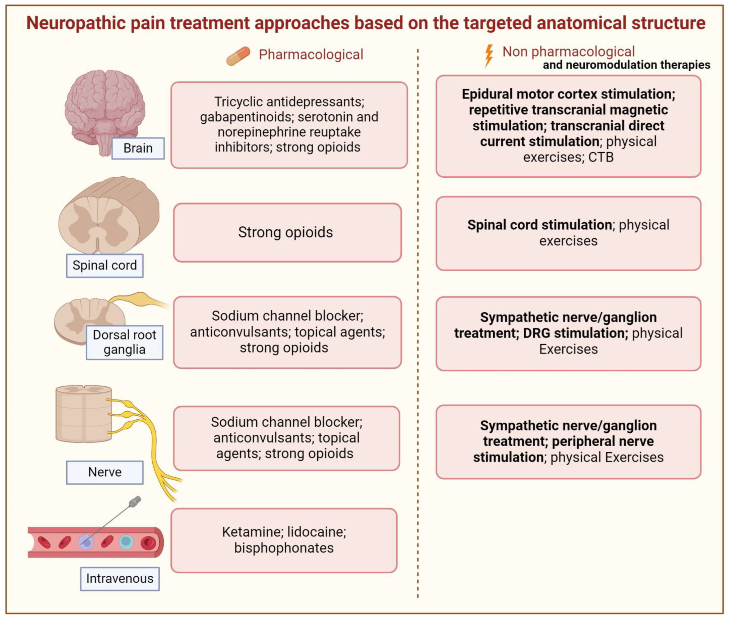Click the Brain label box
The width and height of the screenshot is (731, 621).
tap(138, 148)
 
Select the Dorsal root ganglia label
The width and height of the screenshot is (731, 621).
tap(124, 342)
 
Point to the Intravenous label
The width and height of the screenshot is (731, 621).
tap(119, 578)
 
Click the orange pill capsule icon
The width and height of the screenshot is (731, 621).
tap(238, 56)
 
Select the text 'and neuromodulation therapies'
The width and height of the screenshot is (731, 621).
tap(626, 65)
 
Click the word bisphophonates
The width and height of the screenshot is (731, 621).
tap(284, 548)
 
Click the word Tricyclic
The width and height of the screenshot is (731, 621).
tap(238, 102)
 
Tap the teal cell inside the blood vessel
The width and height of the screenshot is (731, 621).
tap(126, 542)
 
